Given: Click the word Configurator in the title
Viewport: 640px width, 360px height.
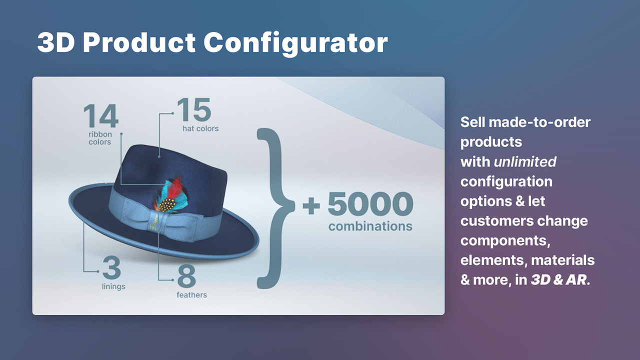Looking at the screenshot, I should click(x=295, y=43).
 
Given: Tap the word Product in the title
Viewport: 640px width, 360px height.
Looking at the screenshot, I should click(x=139, y=43).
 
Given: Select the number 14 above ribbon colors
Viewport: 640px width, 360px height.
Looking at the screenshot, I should click(x=100, y=116).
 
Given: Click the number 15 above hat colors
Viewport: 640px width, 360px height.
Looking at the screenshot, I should click(x=193, y=110).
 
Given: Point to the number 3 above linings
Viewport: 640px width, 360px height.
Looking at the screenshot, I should click(x=111, y=269).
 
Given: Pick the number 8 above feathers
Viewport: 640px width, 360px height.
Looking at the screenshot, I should click(x=186, y=276).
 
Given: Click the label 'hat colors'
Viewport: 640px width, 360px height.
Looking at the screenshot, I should click(x=200, y=128).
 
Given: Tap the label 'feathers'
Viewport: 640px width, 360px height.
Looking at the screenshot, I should click(x=191, y=295).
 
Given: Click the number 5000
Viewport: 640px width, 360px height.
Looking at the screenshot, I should click(x=370, y=204).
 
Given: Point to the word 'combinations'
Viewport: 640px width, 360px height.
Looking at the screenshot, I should click(x=370, y=226).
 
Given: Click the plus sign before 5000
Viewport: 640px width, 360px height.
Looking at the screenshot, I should click(x=311, y=205).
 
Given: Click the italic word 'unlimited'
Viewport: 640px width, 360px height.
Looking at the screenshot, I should click(x=525, y=161).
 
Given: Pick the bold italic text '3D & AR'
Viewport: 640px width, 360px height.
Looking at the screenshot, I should click(x=558, y=280).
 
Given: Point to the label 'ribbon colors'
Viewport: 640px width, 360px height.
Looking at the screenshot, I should click(x=100, y=138).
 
